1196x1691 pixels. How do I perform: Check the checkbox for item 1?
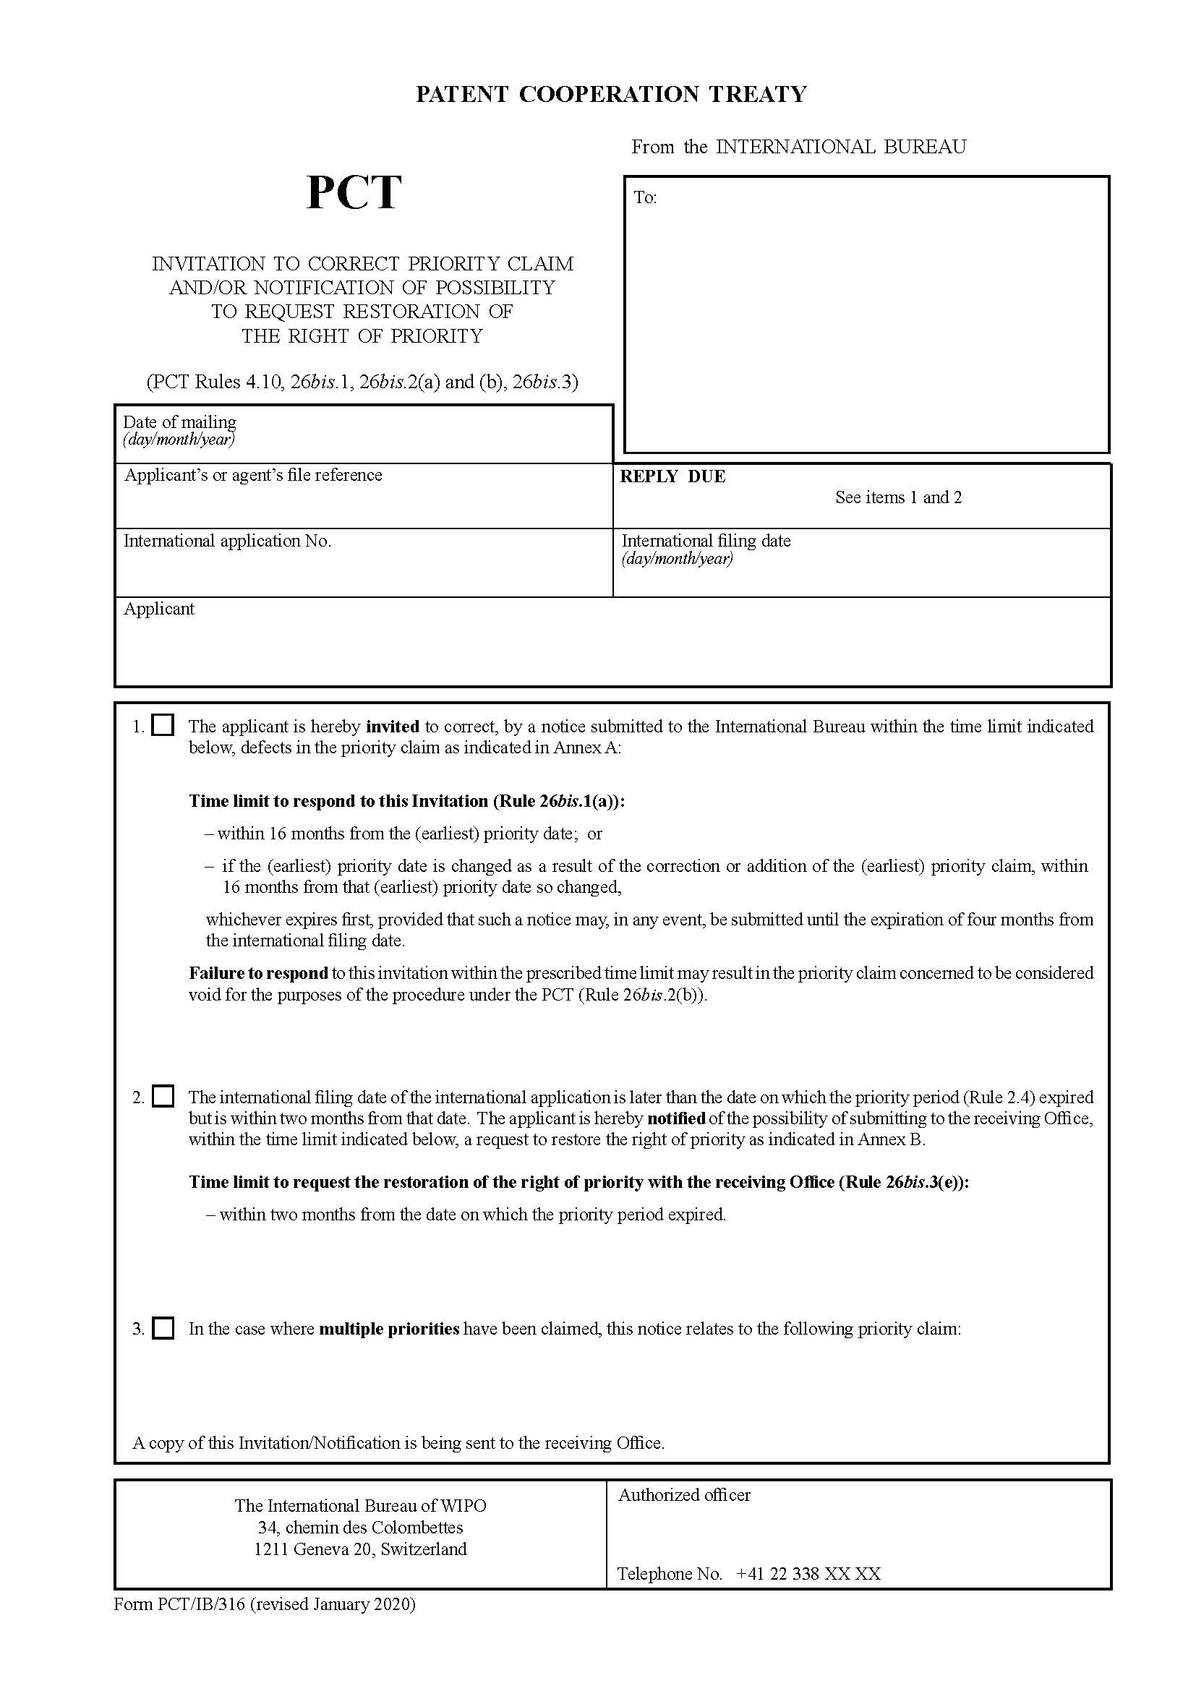[x=163, y=725]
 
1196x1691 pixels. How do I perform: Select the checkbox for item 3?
[x=163, y=1328]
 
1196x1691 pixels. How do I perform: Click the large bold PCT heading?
[x=354, y=193]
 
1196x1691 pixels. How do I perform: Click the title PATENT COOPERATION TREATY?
[x=611, y=94]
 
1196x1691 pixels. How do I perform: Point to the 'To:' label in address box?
[x=645, y=197]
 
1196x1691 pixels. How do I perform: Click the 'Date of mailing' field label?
[x=180, y=422]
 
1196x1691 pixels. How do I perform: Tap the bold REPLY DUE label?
[x=672, y=476]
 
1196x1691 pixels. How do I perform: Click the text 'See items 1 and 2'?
[x=898, y=497]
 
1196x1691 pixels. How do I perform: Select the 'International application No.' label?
[x=227, y=541]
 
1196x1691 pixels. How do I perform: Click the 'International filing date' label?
[x=706, y=541]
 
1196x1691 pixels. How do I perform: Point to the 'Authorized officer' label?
[x=684, y=1495]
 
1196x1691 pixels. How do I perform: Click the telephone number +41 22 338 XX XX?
[x=808, y=1574]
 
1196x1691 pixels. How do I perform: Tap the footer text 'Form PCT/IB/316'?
[x=180, y=1604]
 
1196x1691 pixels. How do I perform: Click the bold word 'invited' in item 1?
[x=393, y=726]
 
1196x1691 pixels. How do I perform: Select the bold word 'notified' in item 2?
[x=675, y=1118]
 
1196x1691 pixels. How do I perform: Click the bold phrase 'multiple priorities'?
[x=389, y=1329]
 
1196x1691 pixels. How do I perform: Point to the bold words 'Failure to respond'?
[x=257, y=973]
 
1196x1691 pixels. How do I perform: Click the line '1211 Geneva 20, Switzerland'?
[x=360, y=1549]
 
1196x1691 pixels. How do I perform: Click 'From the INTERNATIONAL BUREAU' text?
[x=798, y=147]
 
